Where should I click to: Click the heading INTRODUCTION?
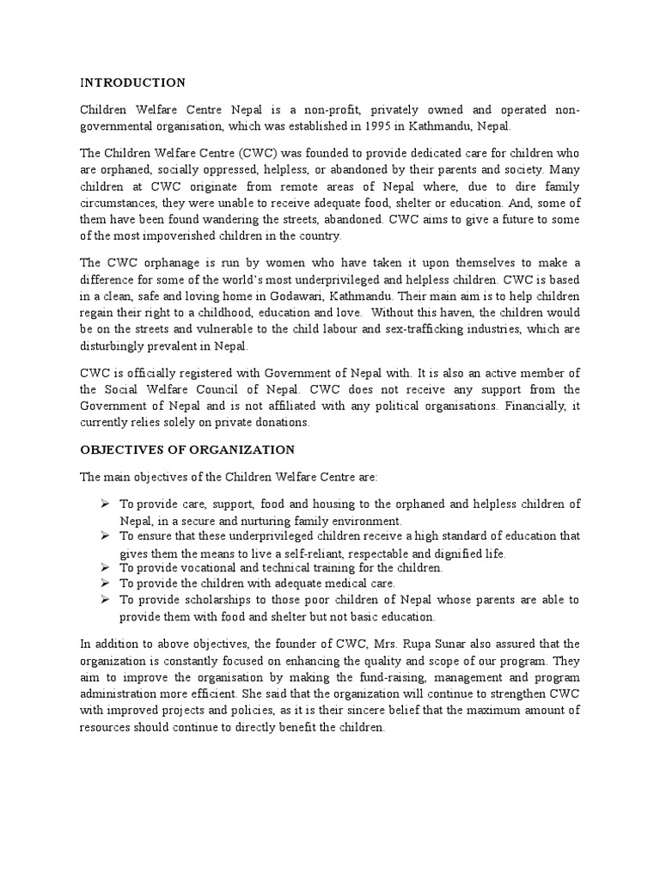click(131, 83)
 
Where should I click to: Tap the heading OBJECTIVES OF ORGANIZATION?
click(186, 449)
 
